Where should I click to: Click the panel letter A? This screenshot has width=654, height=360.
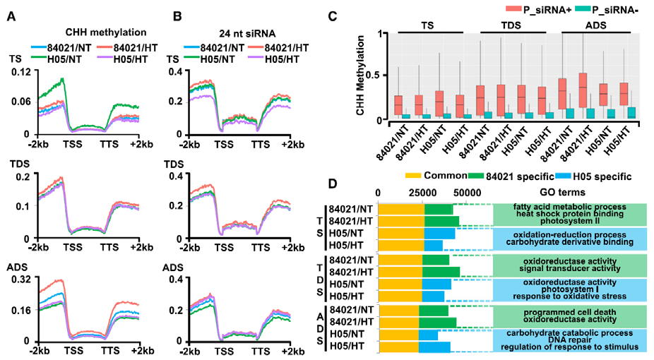(x=11, y=15)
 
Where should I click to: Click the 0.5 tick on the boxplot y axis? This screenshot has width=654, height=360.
(x=381, y=76)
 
